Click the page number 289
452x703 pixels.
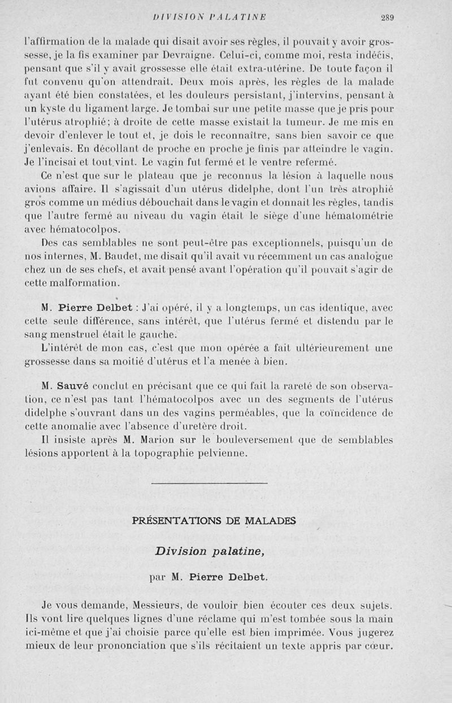point(386,17)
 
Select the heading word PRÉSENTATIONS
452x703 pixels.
point(176,521)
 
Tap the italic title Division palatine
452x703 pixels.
point(210,551)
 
